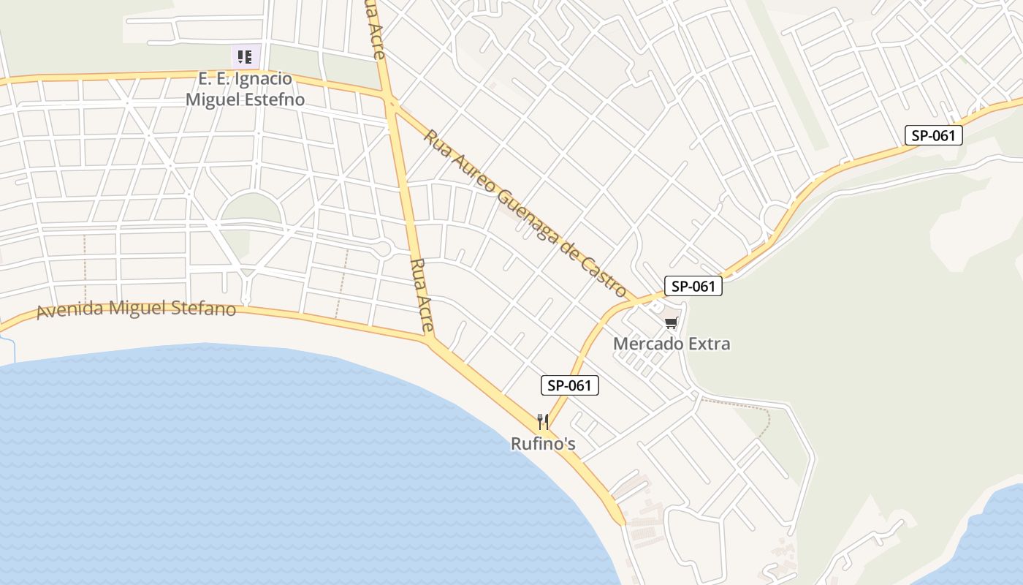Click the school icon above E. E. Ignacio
(246, 56)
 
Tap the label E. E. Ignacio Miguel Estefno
(245, 89)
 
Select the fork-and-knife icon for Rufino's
(542, 421)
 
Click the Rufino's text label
(543, 444)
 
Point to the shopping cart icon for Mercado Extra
(671, 322)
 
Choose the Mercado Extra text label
(672, 344)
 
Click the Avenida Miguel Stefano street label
(137, 309)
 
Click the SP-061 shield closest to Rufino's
(570, 385)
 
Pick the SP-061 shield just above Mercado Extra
(693, 286)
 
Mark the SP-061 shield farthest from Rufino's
(933, 135)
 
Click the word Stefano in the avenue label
(204, 309)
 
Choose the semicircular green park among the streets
(251, 208)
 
